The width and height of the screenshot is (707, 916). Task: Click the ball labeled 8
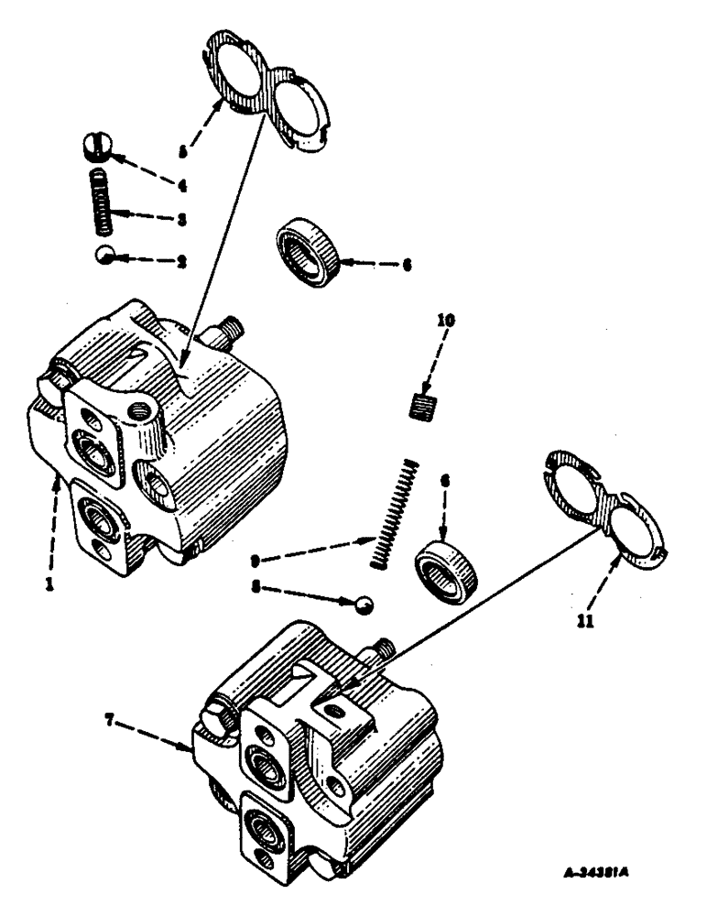coord(364,604)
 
